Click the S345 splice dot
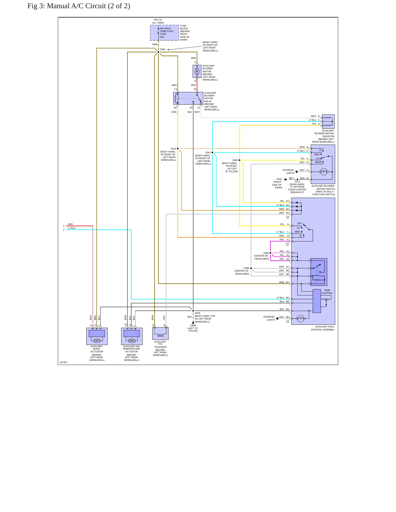click(158, 52)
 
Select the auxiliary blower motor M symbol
click(197, 71)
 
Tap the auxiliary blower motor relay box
click(188, 98)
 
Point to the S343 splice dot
click(178, 149)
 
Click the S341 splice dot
click(212, 153)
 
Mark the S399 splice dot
click(240, 160)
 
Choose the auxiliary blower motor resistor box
click(328, 122)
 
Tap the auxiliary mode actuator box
click(97, 336)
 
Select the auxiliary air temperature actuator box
click(132, 336)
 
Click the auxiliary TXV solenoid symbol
click(160, 333)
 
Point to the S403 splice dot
click(193, 311)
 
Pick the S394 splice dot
click(270, 253)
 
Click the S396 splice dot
click(251, 268)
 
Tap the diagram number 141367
click(64, 362)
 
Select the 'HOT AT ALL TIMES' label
click(158, 21)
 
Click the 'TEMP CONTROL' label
click(327, 292)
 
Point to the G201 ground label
click(279, 179)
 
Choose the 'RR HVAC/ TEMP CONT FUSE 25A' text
click(167, 33)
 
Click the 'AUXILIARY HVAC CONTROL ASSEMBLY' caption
click(323, 328)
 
